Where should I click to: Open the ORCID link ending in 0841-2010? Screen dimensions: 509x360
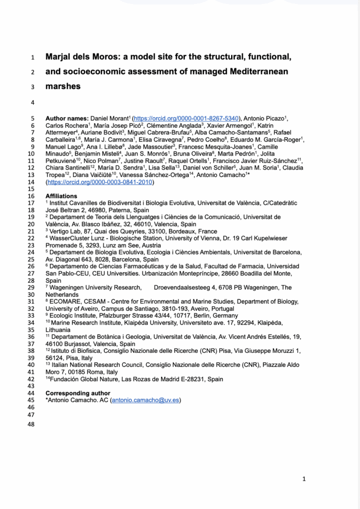pyautogui.click(x=99, y=182)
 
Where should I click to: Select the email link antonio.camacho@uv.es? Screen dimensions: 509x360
pyautogui.click(x=145, y=400)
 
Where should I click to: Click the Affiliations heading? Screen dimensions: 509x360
pyautogui.click(x=61, y=196)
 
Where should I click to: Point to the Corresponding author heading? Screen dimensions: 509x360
pyautogui.click(x=78, y=393)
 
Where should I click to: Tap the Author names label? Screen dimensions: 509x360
pyautogui.click(x=67, y=118)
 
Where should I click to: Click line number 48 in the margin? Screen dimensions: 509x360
pyautogui.click(x=32, y=424)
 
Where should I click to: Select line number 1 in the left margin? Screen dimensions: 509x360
pyautogui.click(x=32, y=57)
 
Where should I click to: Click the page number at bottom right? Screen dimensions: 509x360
pyautogui.click(x=304, y=479)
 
